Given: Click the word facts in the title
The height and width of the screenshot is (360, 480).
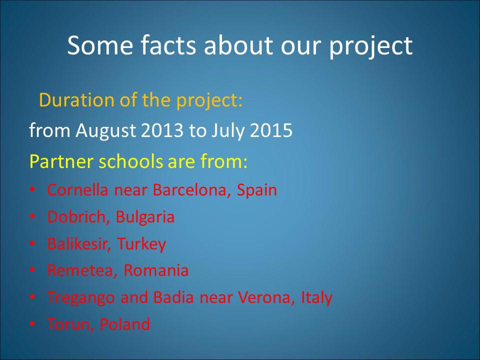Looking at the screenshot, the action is [168, 45].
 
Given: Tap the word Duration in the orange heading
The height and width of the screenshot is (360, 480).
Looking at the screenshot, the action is [76, 100].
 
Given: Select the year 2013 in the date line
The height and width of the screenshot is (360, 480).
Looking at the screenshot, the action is [162, 130].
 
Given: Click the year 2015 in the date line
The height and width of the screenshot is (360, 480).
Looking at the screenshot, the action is [271, 130].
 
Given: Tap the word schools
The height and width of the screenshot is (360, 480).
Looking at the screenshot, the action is [130, 161].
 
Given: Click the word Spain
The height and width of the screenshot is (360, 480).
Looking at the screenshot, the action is [257, 190].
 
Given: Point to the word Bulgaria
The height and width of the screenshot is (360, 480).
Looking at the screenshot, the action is [145, 217].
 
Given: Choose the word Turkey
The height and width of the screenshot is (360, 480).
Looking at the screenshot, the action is [141, 244].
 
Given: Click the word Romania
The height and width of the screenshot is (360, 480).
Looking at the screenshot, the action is [156, 270].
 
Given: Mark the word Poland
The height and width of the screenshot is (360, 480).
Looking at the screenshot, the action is [125, 324].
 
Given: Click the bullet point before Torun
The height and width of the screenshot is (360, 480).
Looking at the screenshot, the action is [32, 324].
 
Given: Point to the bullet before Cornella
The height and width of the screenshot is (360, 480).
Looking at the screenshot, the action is [32, 189].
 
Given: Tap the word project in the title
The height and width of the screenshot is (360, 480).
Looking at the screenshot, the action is [370, 46].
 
